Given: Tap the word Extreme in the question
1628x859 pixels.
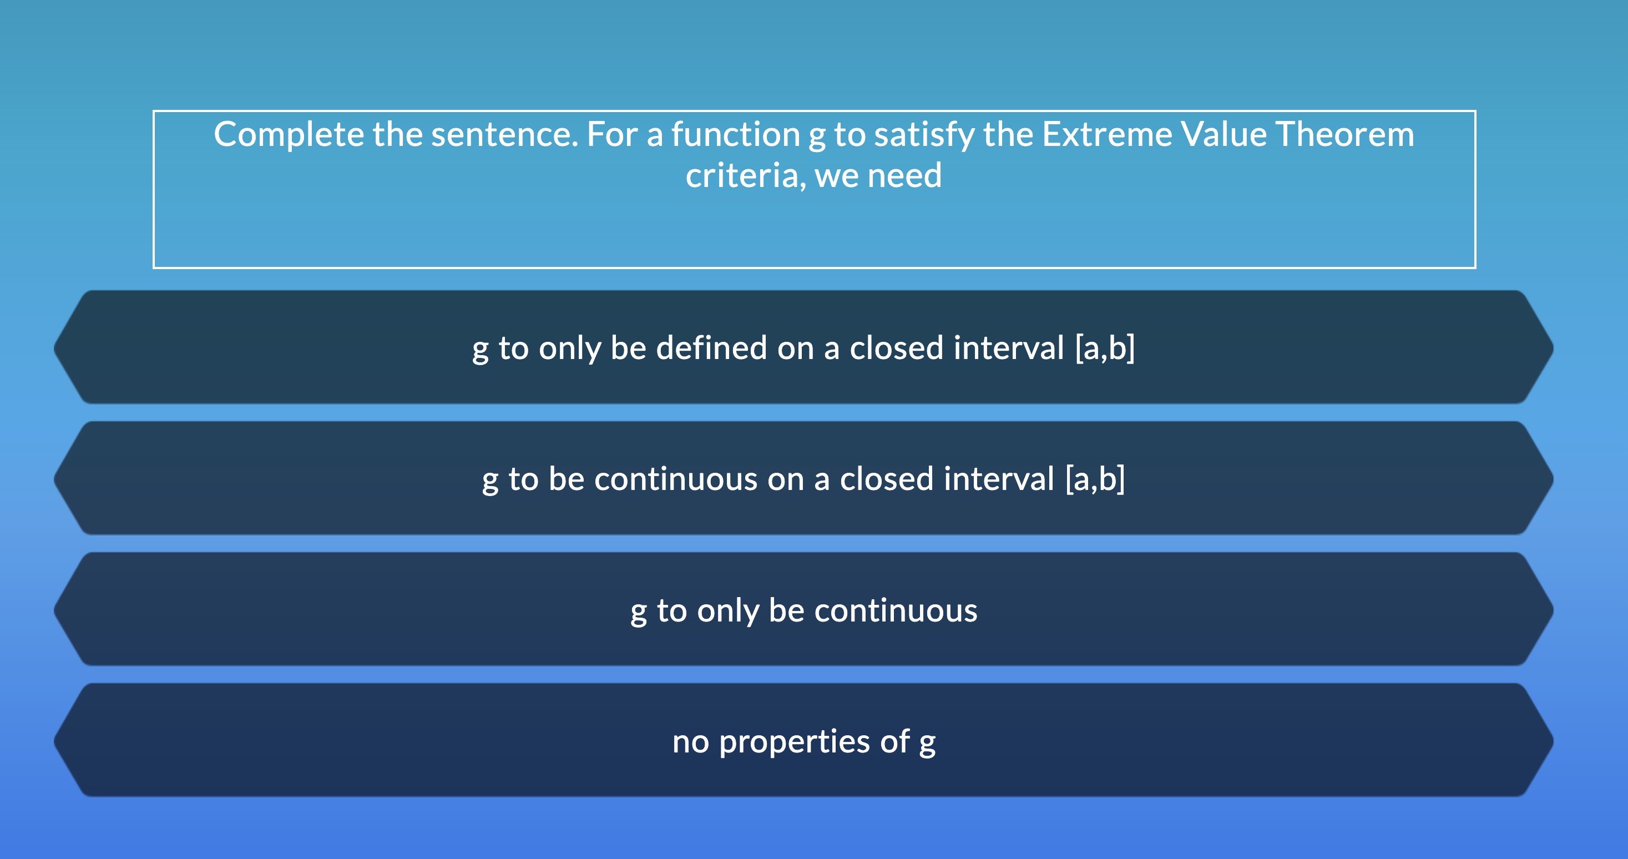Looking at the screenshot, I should (x=1106, y=135).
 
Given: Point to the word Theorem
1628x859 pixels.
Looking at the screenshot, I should (x=1344, y=135).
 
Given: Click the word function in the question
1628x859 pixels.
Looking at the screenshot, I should (x=736, y=135).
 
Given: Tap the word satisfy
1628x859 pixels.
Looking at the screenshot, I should (x=924, y=135).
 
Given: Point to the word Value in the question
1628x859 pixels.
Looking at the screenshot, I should (x=1223, y=135).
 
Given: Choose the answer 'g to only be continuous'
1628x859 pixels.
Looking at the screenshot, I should (x=804, y=610).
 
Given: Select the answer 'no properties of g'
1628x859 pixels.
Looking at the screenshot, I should (x=804, y=741).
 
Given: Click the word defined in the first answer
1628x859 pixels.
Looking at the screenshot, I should (x=711, y=348).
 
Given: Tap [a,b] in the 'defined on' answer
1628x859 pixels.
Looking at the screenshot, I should (x=1105, y=348).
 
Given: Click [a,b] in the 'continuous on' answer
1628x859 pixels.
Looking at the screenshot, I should (x=1095, y=479).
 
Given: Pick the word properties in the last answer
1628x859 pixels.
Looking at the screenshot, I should (x=795, y=741).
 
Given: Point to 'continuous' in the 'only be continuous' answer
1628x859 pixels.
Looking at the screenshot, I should (x=896, y=610).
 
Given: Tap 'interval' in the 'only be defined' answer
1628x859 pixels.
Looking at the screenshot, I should (x=1009, y=348).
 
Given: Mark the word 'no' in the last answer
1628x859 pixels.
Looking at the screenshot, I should (x=690, y=741).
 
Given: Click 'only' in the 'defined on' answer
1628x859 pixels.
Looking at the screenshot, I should (x=569, y=348).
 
